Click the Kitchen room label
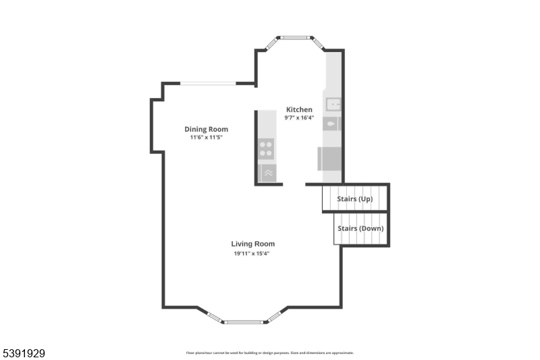pos(299,109)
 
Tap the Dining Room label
pos(206,129)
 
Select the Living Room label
pos(253,244)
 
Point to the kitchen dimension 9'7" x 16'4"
pos(299,118)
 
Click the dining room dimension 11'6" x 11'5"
pos(206,137)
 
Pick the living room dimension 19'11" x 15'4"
pos(253,253)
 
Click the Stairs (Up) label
pos(355,199)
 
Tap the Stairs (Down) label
pos(361,228)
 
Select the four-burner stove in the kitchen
pos(267,148)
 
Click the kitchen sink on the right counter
pos(333,104)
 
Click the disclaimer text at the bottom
pos(269,353)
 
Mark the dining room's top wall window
pos(208,84)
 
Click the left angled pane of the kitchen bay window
pos(271,43)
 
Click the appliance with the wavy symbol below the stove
pos(267,172)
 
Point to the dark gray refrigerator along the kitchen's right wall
pos(330,159)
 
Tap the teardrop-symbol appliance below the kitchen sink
pos(331,124)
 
